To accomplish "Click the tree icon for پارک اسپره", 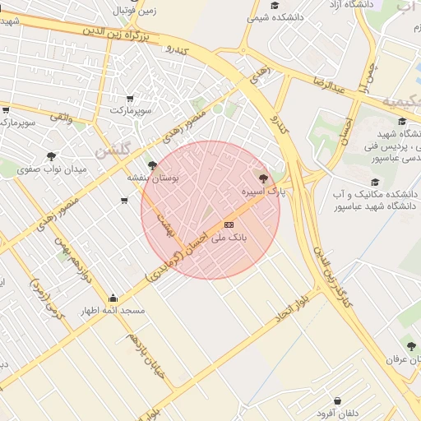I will point(263,178).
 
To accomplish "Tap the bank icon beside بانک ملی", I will point(229,224).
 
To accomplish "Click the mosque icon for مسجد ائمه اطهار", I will point(113,298).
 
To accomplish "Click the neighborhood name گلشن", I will point(112,149).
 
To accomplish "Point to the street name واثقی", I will point(61,118).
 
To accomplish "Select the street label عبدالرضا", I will point(331,83).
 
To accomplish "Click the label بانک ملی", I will point(229,238).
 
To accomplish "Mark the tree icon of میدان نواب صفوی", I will point(52,156).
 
